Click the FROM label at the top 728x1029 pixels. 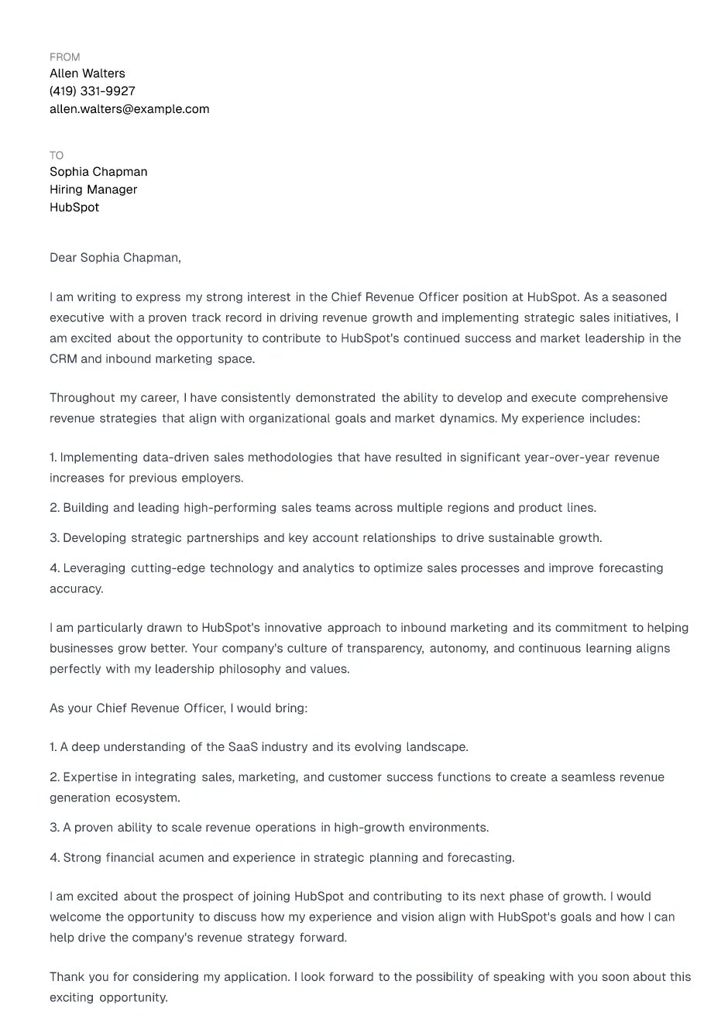click(64, 57)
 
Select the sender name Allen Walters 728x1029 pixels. click(87, 74)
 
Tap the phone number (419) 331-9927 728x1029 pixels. click(92, 91)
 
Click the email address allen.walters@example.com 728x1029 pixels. click(129, 109)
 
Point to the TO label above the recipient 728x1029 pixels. click(57, 156)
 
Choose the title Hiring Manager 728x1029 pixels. click(93, 190)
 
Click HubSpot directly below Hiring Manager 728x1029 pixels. click(74, 208)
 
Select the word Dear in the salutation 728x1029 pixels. click(63, 258)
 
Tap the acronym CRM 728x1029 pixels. click(63, 359)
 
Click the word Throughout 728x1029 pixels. click(82, 398)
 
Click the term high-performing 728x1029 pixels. click(230, 508)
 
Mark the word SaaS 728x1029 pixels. click(242, 747)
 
